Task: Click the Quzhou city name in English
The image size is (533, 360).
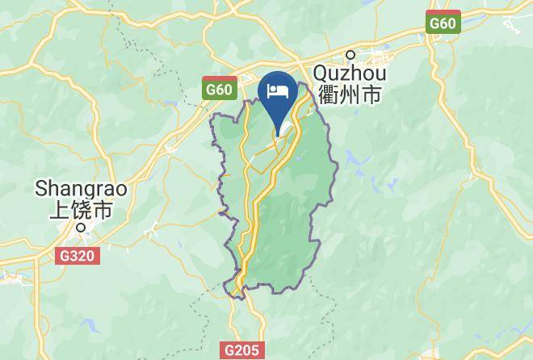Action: (x=351, y=74)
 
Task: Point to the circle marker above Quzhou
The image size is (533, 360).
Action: (x=350, y=55)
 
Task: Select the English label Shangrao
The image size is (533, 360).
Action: (x=70, y=188)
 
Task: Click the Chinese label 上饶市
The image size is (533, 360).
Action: (x=80, y=210)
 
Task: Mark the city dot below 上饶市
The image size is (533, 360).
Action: (x=80, y=227)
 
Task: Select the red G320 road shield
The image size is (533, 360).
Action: (x=78, y=257)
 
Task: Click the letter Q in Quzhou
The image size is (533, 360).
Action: (x=321, y=74)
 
